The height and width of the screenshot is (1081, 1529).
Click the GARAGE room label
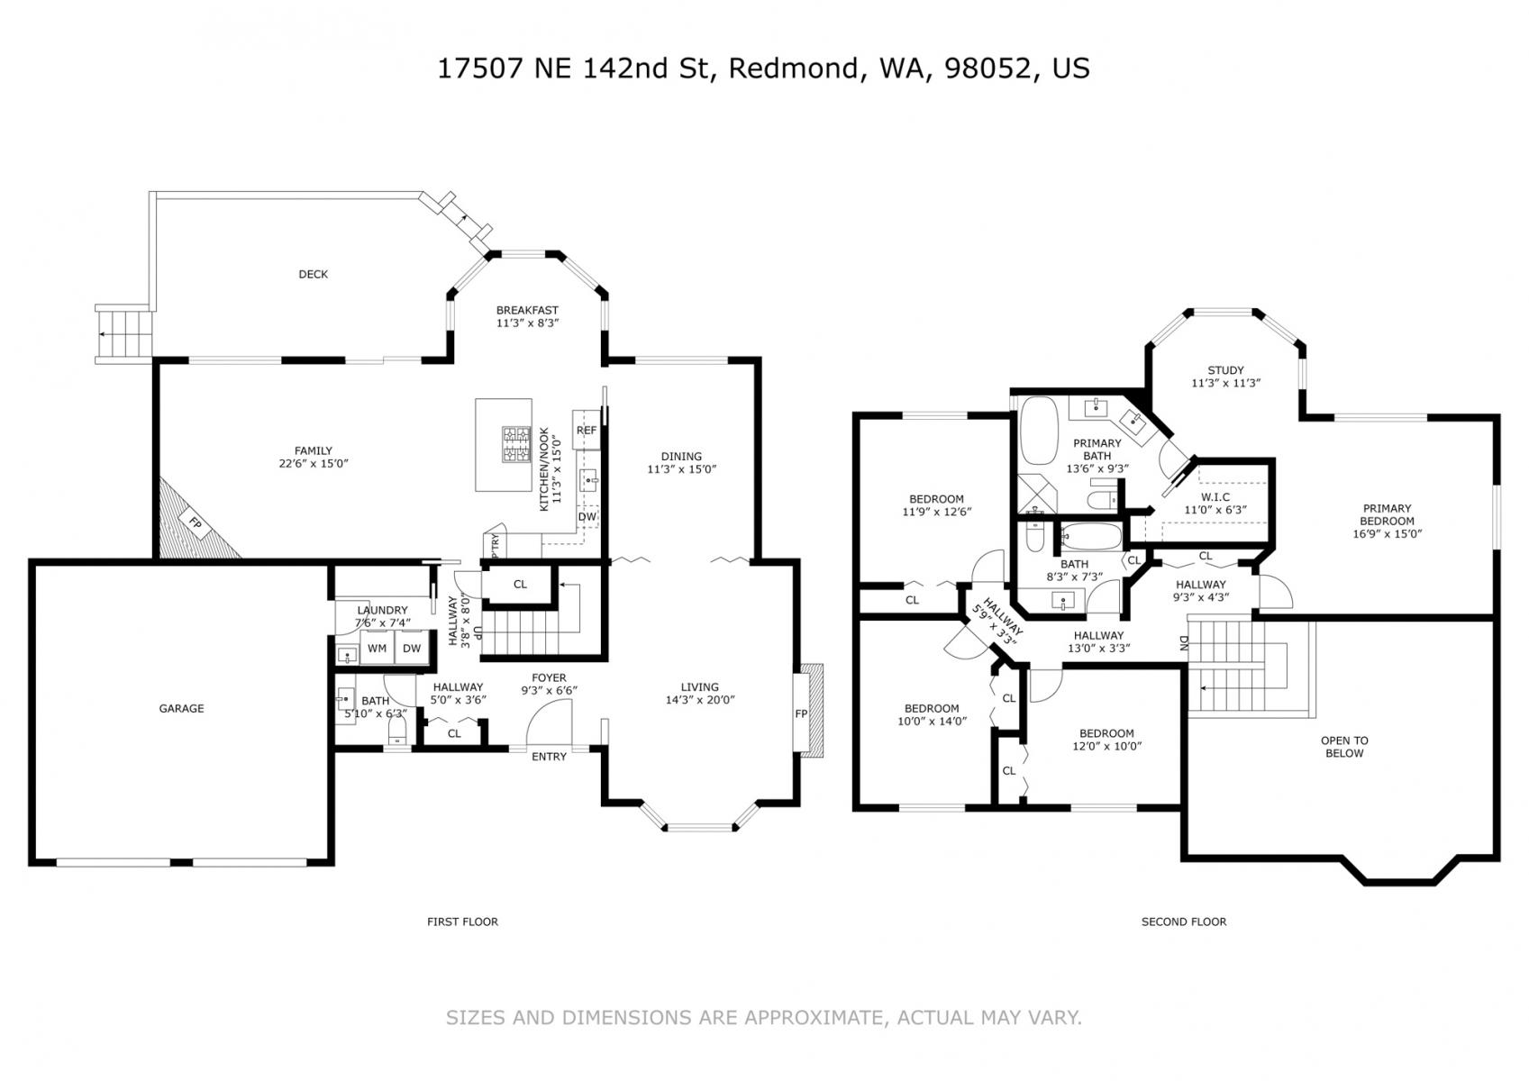coord(182,708)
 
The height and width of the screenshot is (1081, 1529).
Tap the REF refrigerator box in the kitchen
coord(587,430)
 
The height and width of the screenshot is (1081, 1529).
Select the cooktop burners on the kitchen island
coord(516,444)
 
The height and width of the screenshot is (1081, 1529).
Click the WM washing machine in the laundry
coord(377,649)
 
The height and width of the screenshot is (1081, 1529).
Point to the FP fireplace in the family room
coord(196,524)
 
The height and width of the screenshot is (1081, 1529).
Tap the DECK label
coord(314,275)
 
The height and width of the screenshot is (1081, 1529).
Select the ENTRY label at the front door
coord(549,757)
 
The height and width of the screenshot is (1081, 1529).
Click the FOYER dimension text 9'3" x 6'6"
coord(550,690)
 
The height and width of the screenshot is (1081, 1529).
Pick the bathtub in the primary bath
coord(1038,431)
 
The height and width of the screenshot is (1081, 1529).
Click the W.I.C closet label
coord(1215,497)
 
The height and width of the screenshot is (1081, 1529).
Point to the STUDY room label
coord(1226,370)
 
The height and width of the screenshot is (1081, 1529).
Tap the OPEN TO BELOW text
coord(1344,747)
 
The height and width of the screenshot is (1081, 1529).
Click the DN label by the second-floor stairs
coord(1184,642)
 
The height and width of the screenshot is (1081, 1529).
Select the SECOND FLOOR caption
coord(1184,922)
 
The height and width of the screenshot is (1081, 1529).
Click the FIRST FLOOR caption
coord(463,922)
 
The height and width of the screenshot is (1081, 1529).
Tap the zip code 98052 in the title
coord(987,68)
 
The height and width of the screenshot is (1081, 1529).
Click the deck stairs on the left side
coord(123,333)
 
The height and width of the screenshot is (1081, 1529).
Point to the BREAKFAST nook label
coord(527,311)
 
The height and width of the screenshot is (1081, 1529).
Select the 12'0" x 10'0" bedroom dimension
coord(1106,746)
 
